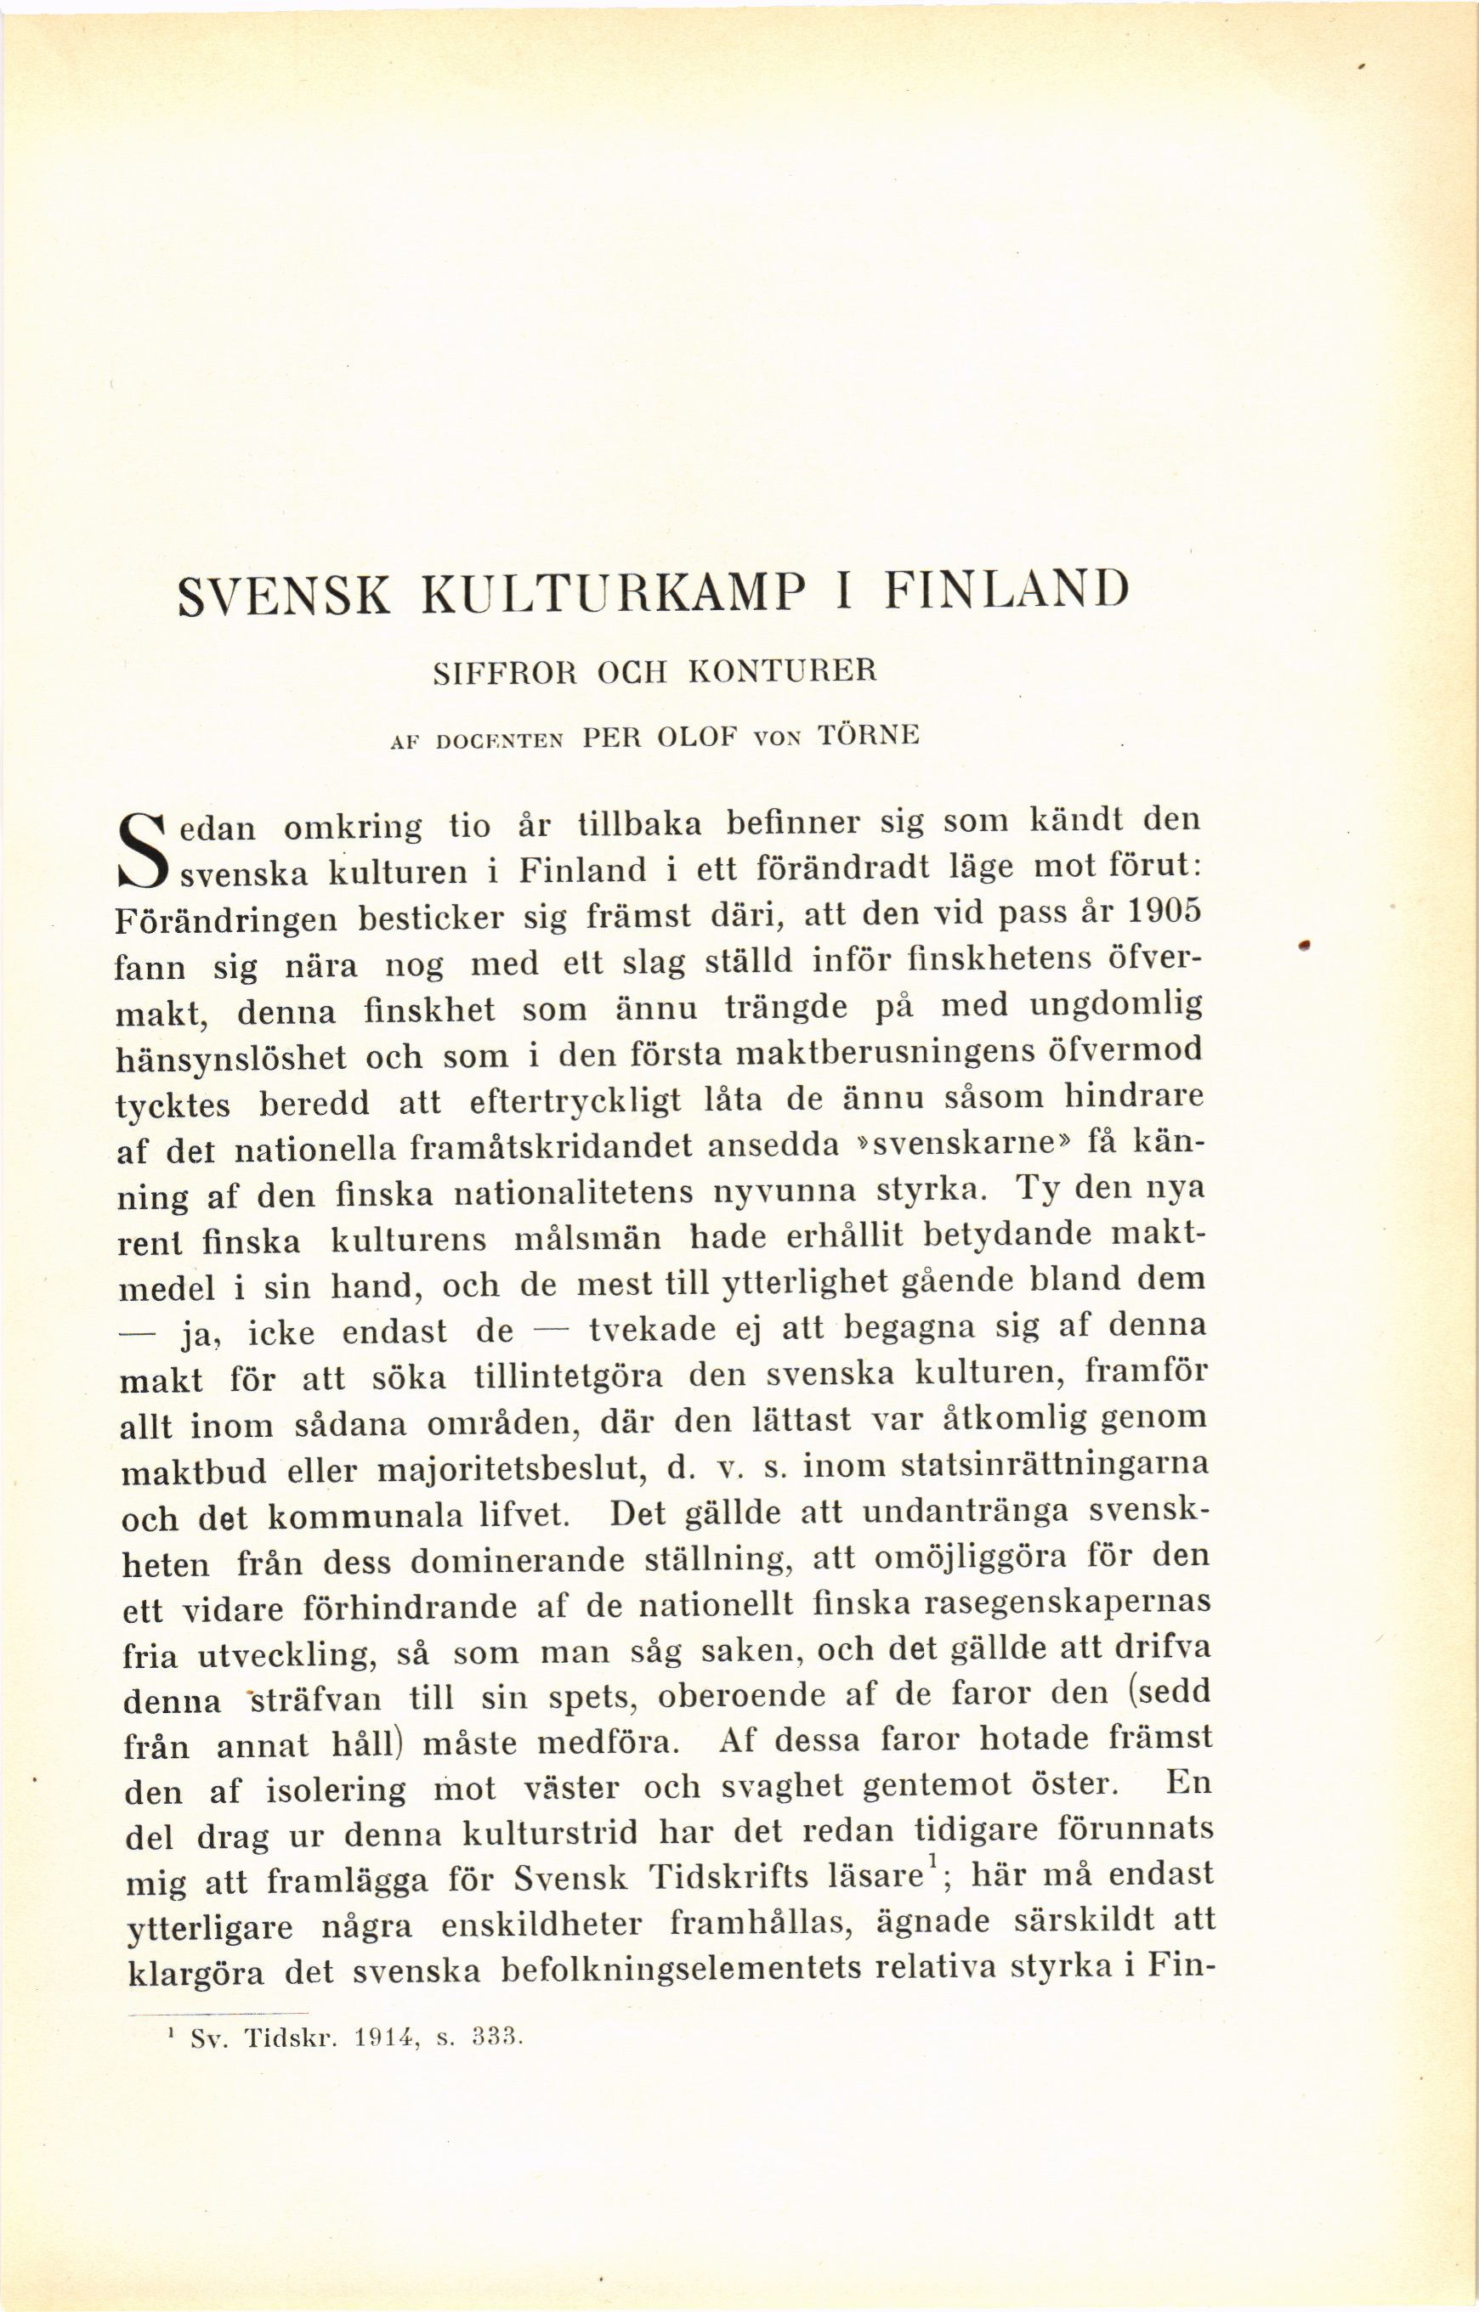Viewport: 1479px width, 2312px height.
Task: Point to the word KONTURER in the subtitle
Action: (x=783, y=670)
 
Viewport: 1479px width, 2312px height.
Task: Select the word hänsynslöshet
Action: (x=230, y=1058)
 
